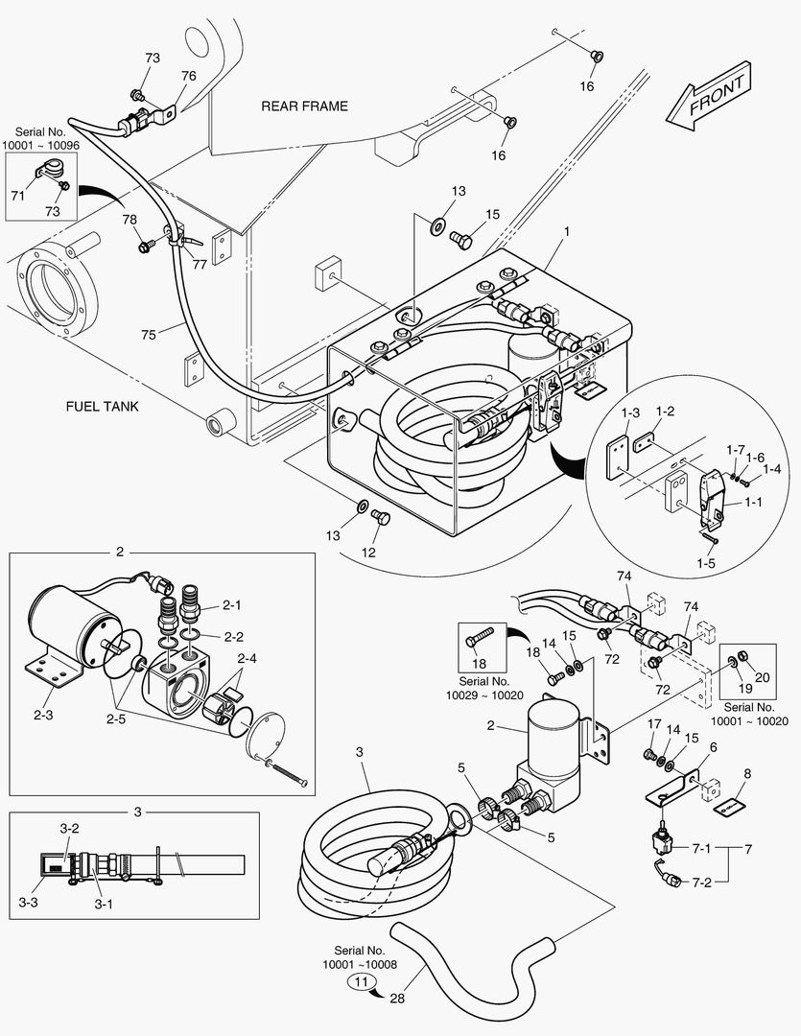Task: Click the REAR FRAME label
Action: [x=304, y=106]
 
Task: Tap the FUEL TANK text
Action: [x=102, y=406]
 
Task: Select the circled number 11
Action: [x=361, y=981]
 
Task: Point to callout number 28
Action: [x=398, y=999]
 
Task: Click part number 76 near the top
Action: [x=189, y=76]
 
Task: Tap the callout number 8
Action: [x=746, y=773]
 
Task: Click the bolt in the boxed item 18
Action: [x=480, y=634]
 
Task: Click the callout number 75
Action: [x=148, y=335]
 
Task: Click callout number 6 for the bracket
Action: [x=713, y=747]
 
